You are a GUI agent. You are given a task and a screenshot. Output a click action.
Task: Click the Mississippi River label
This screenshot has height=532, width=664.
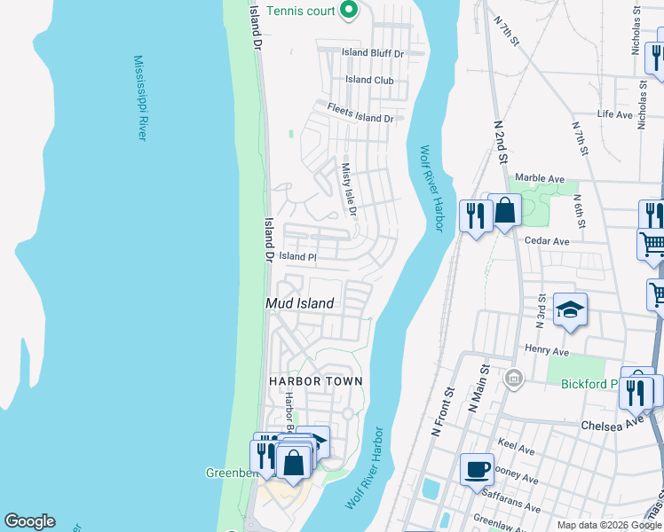point(140,98)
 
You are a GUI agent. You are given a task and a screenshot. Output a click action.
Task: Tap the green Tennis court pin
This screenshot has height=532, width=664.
point(349,11)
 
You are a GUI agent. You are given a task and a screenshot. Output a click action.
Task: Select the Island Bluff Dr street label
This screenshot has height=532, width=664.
point(373,53)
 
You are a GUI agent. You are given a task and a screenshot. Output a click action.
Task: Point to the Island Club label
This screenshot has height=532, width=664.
point(369,80)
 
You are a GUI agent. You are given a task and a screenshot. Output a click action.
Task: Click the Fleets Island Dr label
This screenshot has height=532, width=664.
point(360,113)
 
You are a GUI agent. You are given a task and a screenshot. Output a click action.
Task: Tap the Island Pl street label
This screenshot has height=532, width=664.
point(298,256)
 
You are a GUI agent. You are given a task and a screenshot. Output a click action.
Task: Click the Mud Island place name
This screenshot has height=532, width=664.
point(300,303)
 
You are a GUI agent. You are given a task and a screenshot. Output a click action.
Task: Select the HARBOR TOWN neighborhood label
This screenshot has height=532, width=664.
point(316,381)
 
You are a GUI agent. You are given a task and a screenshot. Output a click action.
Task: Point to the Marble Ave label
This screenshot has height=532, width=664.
point(540,178)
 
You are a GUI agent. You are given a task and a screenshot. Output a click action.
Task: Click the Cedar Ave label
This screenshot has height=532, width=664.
point(548,241)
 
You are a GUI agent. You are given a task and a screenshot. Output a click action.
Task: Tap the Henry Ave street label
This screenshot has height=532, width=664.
point(546,349)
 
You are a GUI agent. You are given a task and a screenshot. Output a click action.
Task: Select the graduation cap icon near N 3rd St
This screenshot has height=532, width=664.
point(570,309)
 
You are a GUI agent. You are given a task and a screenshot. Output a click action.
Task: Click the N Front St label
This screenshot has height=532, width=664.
point(442,411)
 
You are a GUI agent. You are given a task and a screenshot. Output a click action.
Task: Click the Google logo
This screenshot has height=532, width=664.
point(29,521)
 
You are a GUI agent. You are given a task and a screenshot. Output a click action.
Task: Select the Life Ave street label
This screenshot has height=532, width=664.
point(614,114)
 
